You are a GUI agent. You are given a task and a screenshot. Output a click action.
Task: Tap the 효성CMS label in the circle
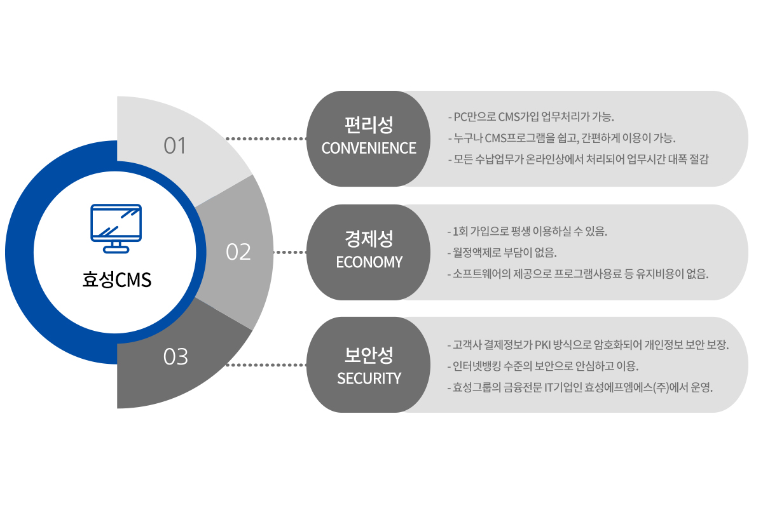click(117, 280)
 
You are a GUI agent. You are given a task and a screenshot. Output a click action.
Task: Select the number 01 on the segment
click(175, 146)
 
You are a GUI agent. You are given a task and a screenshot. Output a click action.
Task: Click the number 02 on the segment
click(238, 252)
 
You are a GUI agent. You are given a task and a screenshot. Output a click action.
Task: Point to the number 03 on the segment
click(175, 357)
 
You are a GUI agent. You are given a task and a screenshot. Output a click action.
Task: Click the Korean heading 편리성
click(369, 126)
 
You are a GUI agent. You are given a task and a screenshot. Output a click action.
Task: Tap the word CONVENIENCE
click(369, 149)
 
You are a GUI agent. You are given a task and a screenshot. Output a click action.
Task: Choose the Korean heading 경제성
click(369, 239)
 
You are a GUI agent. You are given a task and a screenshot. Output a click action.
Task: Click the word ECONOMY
click(369, 262)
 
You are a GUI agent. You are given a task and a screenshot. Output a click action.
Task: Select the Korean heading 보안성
click(369, 354)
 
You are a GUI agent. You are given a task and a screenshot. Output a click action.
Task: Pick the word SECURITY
click(369, 378)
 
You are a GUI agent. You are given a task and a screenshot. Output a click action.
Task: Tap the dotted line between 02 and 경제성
click(290, 252)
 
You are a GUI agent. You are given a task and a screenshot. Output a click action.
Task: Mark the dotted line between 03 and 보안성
click(266, 365)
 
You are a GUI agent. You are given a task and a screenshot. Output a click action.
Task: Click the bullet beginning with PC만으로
click(531, 117)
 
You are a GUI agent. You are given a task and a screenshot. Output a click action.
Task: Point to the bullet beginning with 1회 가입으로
click(528, 232)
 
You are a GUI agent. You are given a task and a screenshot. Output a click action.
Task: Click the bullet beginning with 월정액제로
click(502, 253)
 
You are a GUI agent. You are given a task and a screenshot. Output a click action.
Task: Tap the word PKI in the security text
click(544, 345)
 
